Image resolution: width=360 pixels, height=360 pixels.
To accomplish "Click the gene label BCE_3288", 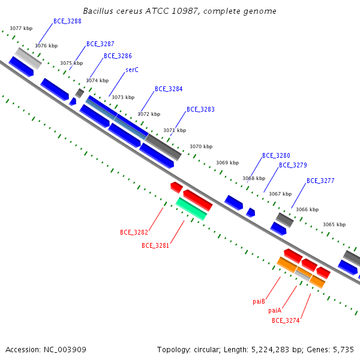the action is point(67,22).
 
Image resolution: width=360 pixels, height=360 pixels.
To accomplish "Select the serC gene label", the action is point(132,70).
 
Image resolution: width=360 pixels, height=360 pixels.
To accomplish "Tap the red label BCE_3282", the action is point(134,232).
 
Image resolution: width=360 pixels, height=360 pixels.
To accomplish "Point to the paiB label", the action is point(259,301).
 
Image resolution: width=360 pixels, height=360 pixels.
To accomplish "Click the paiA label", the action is point(275,311).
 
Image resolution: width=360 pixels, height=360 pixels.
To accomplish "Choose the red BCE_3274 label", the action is point(286,320).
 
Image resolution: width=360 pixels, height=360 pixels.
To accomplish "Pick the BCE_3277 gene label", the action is point(320,181).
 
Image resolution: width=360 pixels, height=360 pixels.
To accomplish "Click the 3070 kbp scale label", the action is point(201,146).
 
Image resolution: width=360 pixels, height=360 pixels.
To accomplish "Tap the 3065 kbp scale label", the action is point(334,224).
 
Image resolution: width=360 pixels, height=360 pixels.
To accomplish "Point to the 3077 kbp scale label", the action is point(21,28).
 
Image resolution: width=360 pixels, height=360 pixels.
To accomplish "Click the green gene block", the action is point(191,209).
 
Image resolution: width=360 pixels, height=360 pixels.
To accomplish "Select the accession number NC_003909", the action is point(65,350).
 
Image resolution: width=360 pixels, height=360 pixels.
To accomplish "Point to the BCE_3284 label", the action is point(169,89).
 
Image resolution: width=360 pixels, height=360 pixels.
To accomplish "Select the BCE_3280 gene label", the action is point(276,155).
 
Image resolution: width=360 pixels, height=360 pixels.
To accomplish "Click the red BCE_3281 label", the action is point(155,245).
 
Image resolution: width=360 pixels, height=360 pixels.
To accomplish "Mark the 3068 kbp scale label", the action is point(254,178).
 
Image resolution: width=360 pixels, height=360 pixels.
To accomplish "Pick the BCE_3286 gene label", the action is point(118,56).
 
